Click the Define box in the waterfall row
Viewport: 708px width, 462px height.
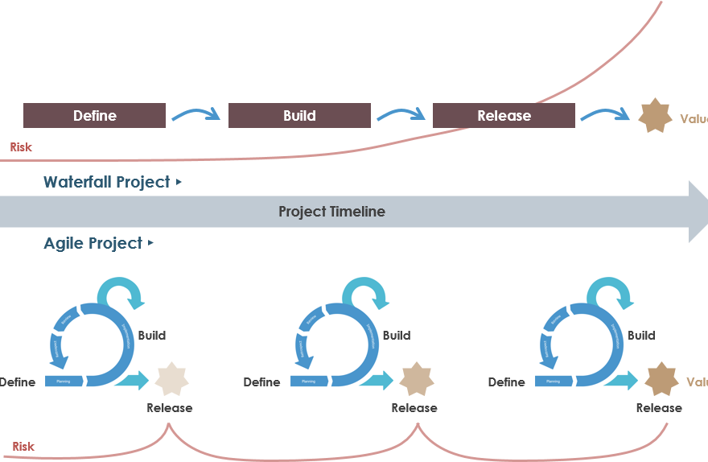[94, 116]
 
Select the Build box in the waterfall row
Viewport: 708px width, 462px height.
[299, 116]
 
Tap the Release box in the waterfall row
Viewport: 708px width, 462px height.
[504, 116]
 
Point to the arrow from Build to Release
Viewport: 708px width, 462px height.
[401, 115]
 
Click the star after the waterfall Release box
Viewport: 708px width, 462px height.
[655, 116]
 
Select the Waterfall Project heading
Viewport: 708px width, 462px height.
[107, 182]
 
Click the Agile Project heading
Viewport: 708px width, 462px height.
[93, 243]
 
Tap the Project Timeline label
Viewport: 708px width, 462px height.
[331, 212]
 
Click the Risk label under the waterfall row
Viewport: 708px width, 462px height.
[21, 147]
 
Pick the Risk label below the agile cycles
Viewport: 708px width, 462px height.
[23, 447]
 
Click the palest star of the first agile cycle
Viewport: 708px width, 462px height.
[171, 379]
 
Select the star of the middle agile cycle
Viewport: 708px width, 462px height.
[416, 379]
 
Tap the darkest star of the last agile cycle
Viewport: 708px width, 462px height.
[661, 379]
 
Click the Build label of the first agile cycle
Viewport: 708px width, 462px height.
[152, 335]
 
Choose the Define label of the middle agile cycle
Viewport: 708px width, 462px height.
[261, 382]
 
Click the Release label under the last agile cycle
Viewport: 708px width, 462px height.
[659, 408]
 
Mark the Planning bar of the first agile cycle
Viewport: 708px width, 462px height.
[64, 382]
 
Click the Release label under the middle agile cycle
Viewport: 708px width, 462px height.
[414, 408]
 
